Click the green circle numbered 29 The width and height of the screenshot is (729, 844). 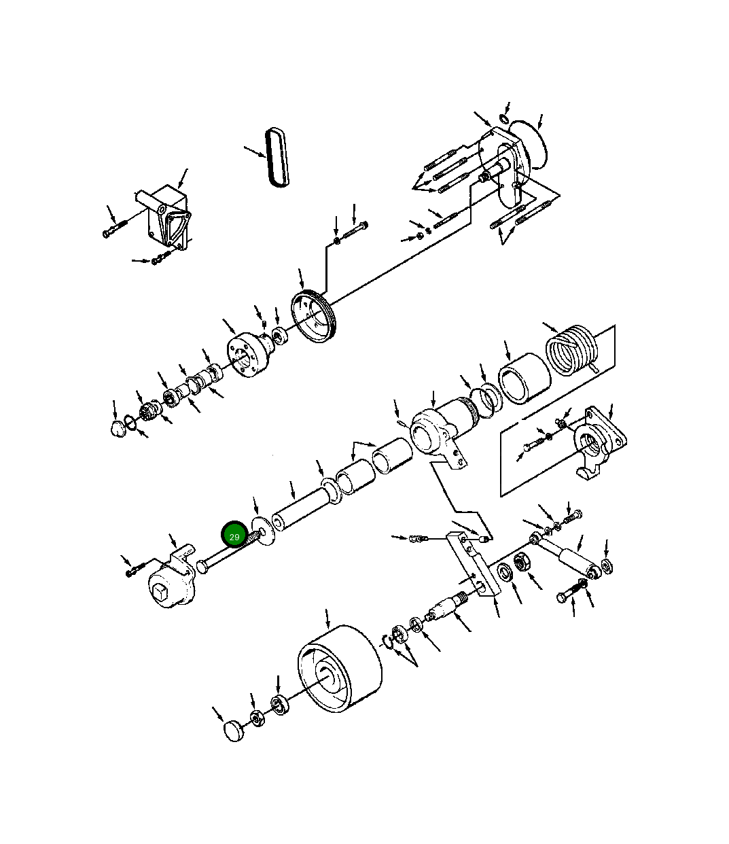pyautogui.click(x=234, y=536)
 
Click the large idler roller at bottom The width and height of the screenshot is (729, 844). pyautogui.click(x=339, y=669)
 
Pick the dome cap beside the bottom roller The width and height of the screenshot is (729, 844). pyautogui.click(x=234, y=731)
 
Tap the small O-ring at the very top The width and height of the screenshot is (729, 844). pyautogui.click(x=503, y=120)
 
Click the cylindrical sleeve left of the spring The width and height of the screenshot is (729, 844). pyautogui.click(x=524, y=378)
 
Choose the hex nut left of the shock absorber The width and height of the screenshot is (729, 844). pyautogui.click(x=522, y=563)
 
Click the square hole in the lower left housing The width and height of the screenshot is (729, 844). pyautogui.click(x=162, y=593)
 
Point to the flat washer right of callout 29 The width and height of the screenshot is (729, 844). pyautogui.click(x=260, y=530)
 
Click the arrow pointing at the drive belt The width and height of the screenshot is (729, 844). pyautogui.click(x=255, y=151)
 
